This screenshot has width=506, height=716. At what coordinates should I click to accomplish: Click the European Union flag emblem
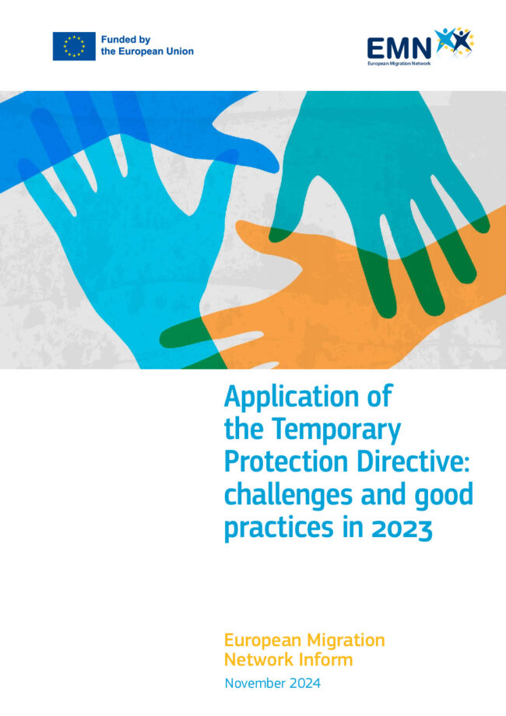pos(74,46)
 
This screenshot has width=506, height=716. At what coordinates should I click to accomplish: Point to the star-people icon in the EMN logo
pos(454,41)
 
